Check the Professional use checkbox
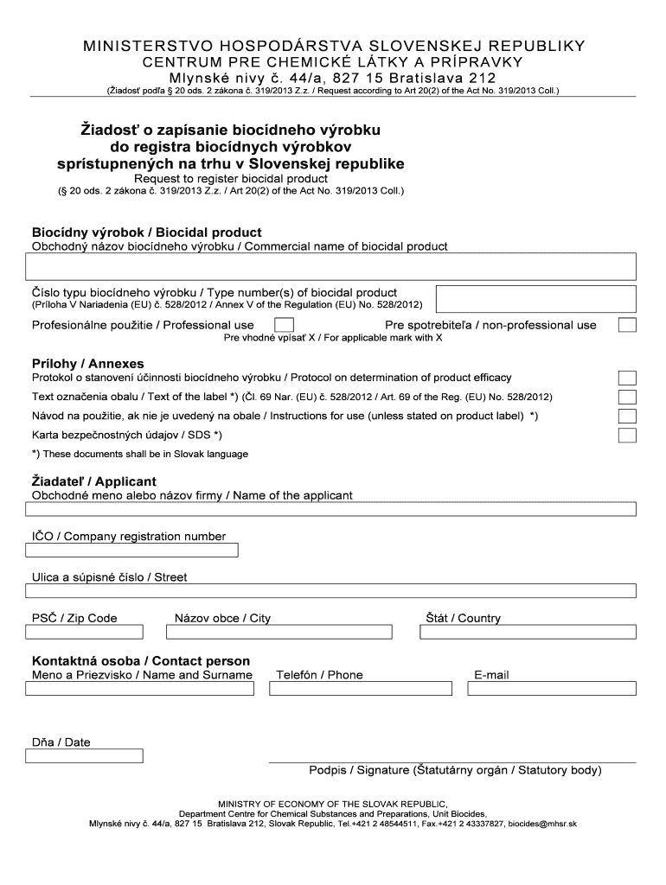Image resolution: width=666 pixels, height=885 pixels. coord(283,325)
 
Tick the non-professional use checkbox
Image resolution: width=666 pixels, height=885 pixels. coord(628,325)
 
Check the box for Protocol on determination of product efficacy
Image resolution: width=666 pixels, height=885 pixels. coord(628,378)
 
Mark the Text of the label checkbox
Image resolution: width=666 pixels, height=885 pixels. coord(628,397)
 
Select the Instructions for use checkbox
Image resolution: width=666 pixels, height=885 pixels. coord(628,416)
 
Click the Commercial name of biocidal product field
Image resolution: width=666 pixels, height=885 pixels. coord(331,267)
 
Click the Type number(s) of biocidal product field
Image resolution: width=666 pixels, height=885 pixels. coord(536,298)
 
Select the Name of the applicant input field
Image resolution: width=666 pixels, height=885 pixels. coord(331,510)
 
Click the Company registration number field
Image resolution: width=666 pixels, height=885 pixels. coord(131,551)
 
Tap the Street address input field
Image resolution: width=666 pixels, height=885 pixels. coord(331,591)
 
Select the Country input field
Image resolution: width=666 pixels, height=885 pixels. coord(528,632)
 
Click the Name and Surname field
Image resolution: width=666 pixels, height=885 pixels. coord(144,689)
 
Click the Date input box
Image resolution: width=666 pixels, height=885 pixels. coord(85,757)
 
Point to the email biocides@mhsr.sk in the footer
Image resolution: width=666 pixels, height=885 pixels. coord(541,824)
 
